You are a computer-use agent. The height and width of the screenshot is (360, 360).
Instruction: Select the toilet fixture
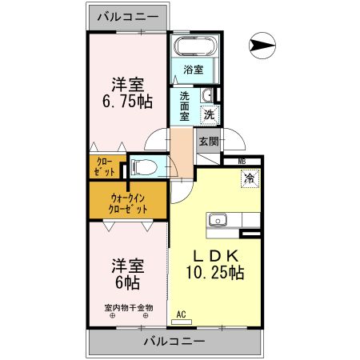(x=145, y=168)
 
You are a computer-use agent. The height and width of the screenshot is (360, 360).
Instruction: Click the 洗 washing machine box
(x=209, y=114)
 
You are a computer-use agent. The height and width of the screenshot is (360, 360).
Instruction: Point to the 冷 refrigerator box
(x=250, y=178)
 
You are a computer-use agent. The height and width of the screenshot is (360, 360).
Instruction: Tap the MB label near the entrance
(x=241, y=162)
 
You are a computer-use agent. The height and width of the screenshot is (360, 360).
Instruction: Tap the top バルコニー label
(x=128, y=15)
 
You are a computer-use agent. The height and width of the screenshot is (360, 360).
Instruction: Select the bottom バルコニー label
(x=174, y=341)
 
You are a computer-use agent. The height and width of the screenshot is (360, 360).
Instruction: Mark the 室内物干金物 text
(x=128, y=307)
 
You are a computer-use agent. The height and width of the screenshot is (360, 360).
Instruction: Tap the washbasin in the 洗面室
(x=207, y=97)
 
